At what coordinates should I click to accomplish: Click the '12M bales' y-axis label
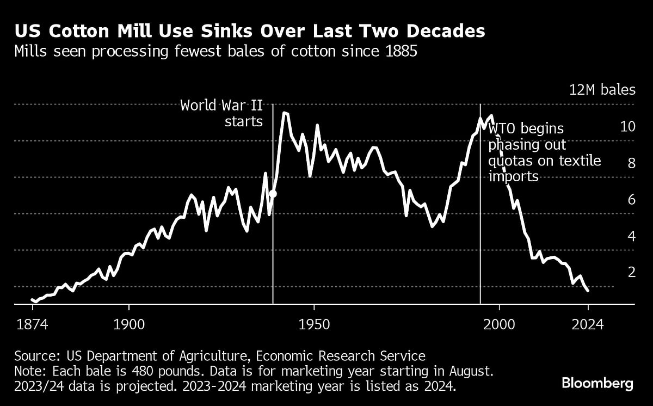coord(602,90)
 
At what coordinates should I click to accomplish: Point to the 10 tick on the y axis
coord(627,127)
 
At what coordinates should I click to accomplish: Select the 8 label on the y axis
coord(631,163)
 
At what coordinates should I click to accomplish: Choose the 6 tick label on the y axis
coord(631,200)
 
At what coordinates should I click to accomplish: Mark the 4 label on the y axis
coord(631,236)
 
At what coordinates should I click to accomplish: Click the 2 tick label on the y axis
coord(631,272)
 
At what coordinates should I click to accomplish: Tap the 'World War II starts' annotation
coord(221,113)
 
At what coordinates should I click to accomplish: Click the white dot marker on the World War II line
coord(273,193)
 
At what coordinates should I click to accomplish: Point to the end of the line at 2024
coord(588,291)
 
